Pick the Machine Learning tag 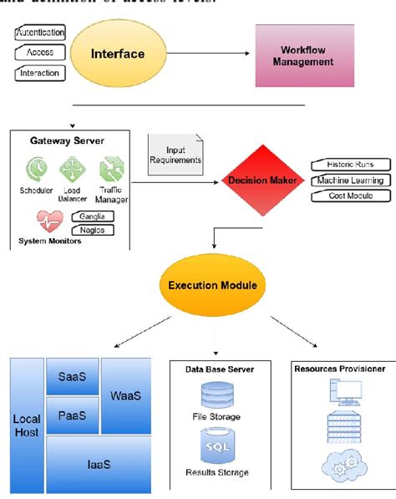349,181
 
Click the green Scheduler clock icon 37,170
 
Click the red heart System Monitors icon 49,221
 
